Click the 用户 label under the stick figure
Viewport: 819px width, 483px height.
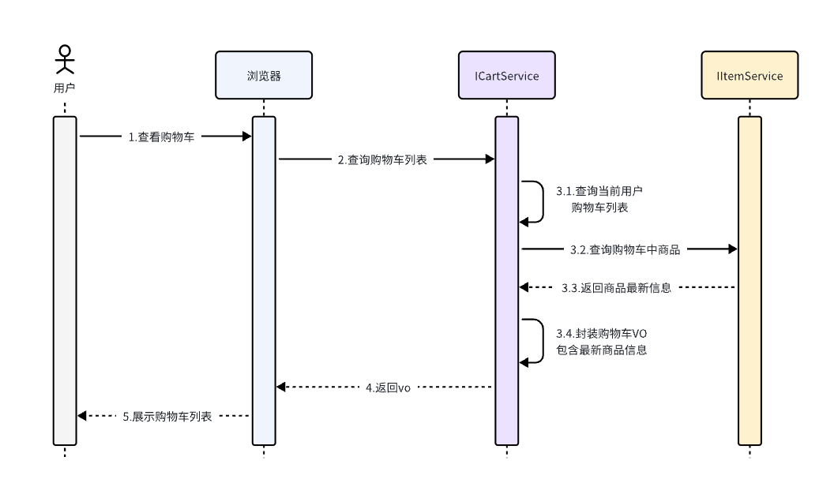(64, 88)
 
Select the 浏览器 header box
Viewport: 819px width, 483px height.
(263, 76)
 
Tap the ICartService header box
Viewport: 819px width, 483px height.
(506, 76)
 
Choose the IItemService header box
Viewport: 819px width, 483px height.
(749, 76)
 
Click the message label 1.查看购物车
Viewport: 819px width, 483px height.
(161, 137)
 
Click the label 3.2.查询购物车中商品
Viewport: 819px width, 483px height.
(625, 249)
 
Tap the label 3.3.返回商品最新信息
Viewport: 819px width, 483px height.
(616, 287)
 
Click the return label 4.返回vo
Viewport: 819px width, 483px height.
(386, 387)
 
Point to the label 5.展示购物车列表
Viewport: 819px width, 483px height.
(167, 416)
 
